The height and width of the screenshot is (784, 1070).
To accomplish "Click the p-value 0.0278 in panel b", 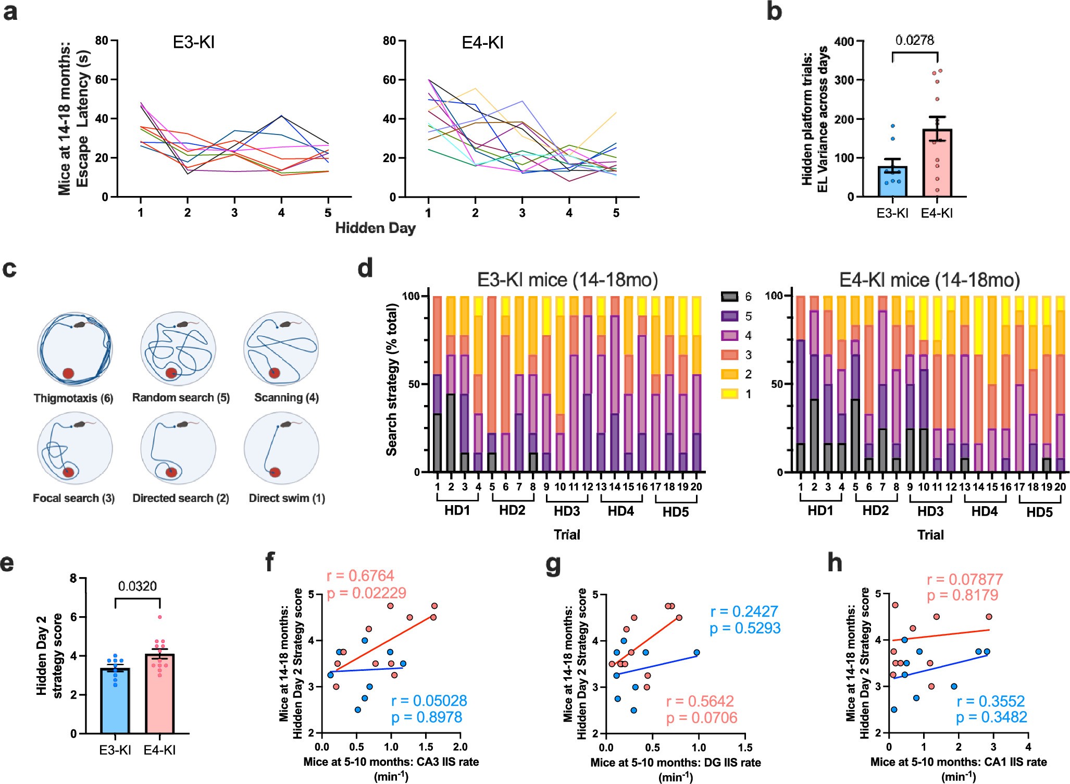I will pos(914,40).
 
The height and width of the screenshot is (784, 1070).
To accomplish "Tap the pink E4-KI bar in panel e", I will pos(159,693).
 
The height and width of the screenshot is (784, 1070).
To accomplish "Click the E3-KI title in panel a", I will pos(193,42).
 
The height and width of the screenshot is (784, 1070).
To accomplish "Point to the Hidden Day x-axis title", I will pos(375,228).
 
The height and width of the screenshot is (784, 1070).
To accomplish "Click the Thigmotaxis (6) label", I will pos(73,398).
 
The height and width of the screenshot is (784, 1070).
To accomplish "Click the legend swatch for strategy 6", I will pos(729,297).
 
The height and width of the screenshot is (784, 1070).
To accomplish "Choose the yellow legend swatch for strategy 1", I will pos(729,394).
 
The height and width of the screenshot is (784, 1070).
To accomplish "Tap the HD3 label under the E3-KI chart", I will pos(566,511).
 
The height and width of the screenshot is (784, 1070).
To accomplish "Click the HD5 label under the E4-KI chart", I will pos(1039,512).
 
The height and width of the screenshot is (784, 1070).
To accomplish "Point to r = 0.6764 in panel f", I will pos(360,576).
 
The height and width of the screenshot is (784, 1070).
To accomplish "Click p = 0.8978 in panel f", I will pos(427,718).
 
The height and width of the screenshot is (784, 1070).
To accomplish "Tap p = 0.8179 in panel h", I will pos(962,595).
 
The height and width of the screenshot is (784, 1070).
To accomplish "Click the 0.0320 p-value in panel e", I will pos(137,586).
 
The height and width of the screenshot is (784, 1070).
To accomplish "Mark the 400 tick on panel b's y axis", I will pos(844,41).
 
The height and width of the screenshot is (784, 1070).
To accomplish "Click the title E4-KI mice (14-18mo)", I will pos(929,280).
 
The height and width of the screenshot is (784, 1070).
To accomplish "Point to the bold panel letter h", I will pos(835,563).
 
